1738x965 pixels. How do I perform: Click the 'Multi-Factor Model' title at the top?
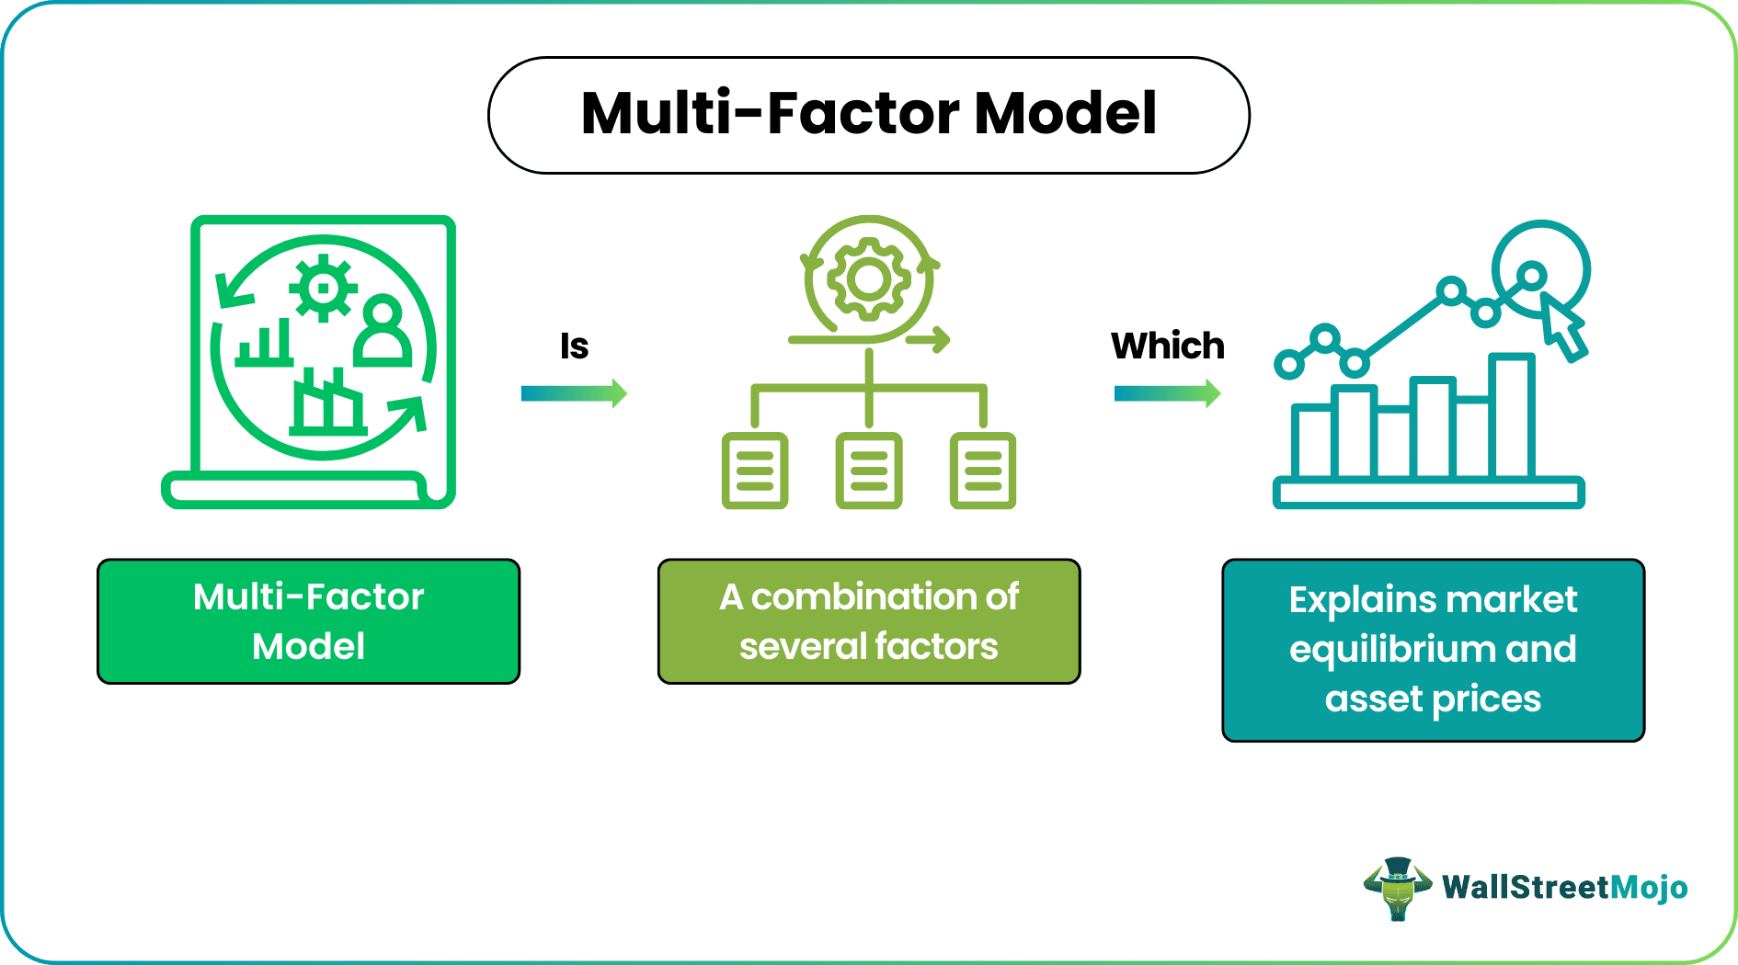pyautogui.click(x=868, y=114)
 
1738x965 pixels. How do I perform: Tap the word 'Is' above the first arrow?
pyautogui.click(x=574, y=346)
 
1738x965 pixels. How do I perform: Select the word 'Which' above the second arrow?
pyautogui.click(x=1167, y=346)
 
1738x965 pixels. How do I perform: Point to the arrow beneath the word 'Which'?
pyautogui.click(x=1167, y=394)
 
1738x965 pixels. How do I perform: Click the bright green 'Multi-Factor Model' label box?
pyautogui.click(x=309, y=621)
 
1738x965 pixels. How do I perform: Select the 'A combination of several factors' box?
pyautogui.click(x=869, y=621)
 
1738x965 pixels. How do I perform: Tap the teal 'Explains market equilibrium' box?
pyautogui.click(x=1433, y=650)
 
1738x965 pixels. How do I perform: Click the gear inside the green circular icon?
pyautogui.click(x=322, y=289)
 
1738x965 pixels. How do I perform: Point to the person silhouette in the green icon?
pyautogui.click(x=383, y=331)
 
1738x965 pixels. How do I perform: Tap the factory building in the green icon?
pyautogui.click(x=327, y=404)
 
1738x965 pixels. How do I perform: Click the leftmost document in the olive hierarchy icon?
pyautogui.click(x=755, y=471)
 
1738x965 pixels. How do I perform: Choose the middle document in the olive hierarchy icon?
pyautogui.click(x=869, y=471)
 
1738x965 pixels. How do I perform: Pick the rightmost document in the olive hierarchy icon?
pyautogui.click(x=982, y=471)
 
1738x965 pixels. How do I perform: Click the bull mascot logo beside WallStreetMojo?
pyautogui.click(x=1397, y=888)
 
